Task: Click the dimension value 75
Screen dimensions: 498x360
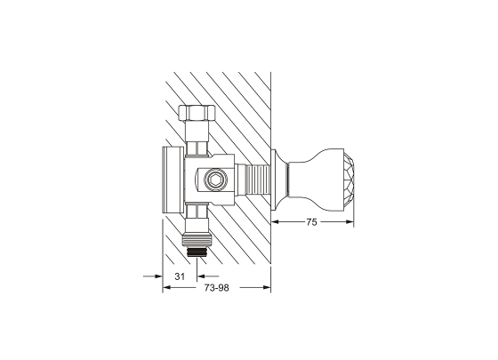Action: click(x=311, y=222)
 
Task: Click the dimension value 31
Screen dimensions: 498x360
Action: click(x=180, y=276)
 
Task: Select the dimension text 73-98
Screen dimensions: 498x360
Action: click(x=216, y=288)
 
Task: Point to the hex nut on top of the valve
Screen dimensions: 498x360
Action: click(x=197, y=113)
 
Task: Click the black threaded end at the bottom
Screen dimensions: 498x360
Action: click(x=197, y=252)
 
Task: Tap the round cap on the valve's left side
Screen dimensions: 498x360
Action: click(x=173, y=180)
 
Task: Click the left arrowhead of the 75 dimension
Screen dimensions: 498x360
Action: click(x=275, y=222)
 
